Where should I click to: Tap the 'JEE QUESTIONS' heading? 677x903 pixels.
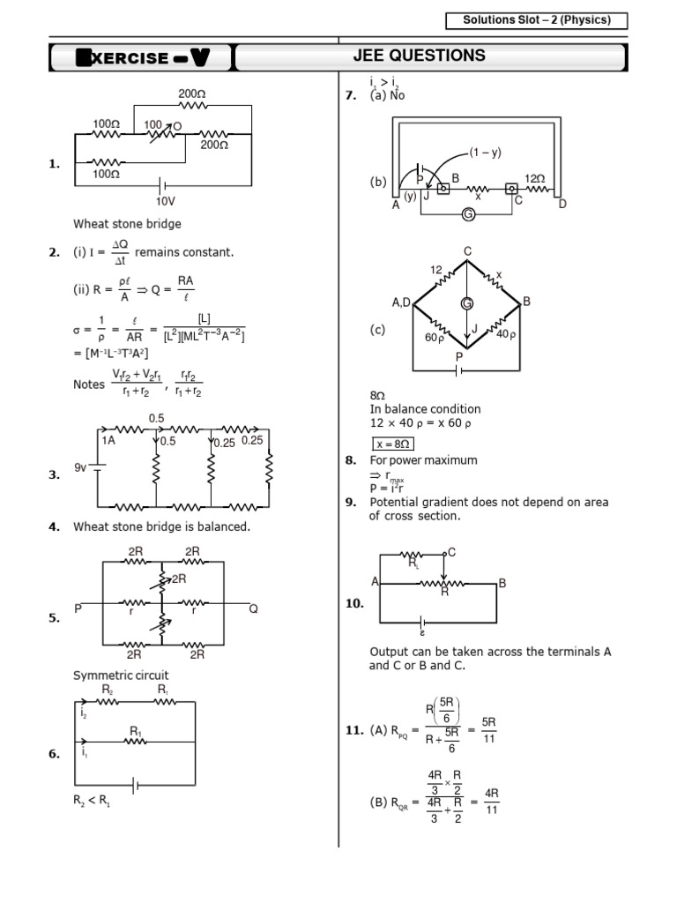click(430, 56)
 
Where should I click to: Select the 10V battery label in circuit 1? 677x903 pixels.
click(167, 201)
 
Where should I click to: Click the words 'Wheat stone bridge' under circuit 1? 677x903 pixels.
click(127, 224)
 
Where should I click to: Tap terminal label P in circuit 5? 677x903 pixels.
click(78, 608)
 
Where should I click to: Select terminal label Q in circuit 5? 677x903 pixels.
click(253, 608)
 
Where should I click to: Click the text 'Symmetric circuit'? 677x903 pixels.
click(121, 675)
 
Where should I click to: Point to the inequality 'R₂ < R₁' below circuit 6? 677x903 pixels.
click(92, 803)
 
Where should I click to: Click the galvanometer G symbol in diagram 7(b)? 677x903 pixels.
click(468, 214)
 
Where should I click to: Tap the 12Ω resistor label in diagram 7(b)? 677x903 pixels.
click(535, 178)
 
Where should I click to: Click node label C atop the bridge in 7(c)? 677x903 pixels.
click(467, 252)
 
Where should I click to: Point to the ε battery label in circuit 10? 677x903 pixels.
click(422, 632)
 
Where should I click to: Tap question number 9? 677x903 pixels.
click(350, 503)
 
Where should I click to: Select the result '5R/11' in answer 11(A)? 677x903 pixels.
click(490, 729)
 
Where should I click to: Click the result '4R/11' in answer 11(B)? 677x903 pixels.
click(492, 802)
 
